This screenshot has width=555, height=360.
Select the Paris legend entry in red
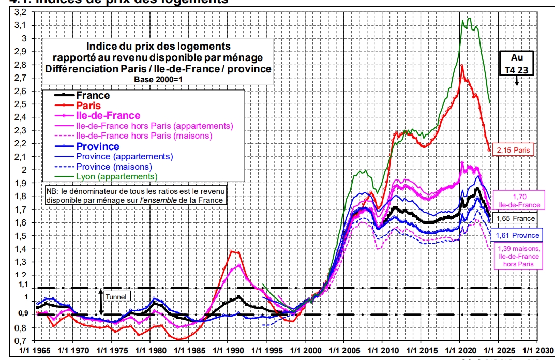[x=89, y=106]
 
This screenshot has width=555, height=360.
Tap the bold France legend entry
[x=93, y=95]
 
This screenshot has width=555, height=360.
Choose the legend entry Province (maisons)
[x=114, y=167]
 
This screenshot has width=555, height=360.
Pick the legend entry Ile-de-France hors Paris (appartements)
[x=154, y=126]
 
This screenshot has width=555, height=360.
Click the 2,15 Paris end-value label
[x=514, y=151]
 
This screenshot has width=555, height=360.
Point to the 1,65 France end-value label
[x=516, y=218]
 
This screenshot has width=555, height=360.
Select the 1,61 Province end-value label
[x=517, y=235]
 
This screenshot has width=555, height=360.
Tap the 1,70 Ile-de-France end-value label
[x=519, y=201]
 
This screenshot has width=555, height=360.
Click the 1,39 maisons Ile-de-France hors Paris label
[x=518, y=257]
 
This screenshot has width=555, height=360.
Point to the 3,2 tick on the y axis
[x=22, y=12]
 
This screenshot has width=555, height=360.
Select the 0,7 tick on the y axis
[x=22, y=341]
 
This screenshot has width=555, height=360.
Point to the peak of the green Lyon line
[x=469, y=18]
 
